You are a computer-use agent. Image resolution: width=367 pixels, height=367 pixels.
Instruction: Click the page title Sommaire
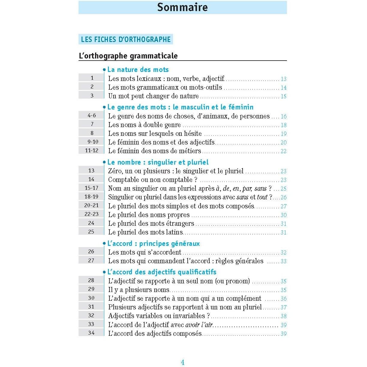point(182,7)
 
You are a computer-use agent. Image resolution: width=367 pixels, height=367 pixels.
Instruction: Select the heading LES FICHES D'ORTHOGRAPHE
point(126,39)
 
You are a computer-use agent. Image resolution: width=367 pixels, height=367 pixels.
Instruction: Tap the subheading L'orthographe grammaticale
point(128,56)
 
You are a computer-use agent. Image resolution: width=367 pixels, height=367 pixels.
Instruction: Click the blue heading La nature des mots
point(138,70)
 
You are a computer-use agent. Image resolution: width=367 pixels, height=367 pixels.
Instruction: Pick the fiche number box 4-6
point(92,115)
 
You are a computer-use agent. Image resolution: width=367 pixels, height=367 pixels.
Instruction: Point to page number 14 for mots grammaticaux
point(284,88)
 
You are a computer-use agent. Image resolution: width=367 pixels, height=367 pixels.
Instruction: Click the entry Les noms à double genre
point(145,125)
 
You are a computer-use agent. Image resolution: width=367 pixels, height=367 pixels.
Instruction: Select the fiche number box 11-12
point(91,151)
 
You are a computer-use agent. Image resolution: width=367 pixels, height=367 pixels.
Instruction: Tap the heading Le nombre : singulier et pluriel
point(158,162)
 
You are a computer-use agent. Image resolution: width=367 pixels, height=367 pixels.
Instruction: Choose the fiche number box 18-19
point(91,197)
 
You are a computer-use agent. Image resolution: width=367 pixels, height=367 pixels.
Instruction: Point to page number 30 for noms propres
point(284,215)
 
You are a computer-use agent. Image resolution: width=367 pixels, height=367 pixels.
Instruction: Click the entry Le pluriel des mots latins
point(145,232)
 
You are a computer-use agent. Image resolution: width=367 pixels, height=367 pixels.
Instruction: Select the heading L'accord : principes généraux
point(153,243)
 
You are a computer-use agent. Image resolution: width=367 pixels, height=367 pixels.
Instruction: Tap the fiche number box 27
point(91,261)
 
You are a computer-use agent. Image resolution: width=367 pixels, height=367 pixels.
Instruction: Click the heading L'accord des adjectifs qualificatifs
point(162,272)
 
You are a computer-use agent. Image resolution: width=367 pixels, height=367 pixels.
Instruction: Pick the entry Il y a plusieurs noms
point(139,290)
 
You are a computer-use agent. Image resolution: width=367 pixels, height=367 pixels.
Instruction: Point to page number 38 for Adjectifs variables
point(284,316)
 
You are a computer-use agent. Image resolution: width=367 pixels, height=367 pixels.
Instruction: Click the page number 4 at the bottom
point(183,363)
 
